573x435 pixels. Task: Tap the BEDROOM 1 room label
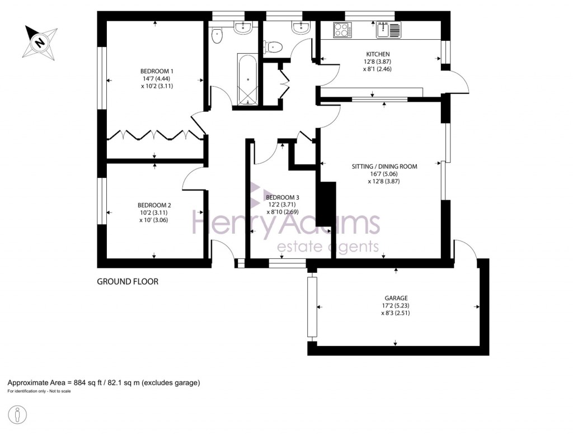(157, 71)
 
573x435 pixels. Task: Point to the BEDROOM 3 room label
(283, 197)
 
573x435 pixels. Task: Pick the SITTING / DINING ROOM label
(384, 166)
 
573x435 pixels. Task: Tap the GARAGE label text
(396, 298)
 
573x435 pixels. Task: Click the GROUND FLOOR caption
(128, 282)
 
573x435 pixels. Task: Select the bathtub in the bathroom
(247, 79)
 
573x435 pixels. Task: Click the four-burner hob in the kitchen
(341, 30)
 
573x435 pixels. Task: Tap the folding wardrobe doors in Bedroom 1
(154, 135)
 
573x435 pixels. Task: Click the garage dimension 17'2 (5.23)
(396, 306)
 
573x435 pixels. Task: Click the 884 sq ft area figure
(90, 383)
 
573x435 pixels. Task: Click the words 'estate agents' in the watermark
(328, 247)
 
